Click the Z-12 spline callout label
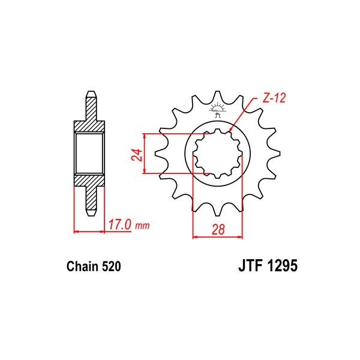[x=274, y=98]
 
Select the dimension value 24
[x=137, y=155]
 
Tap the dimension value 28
[x=218, y=229]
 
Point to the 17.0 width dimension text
[x=119, y=225]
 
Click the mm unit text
[x=142, y=226]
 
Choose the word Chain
[x=82, y=266]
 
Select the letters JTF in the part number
[x=250, y=266]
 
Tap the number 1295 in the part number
[x=281, y=266]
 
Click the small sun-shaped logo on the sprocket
[x=217, y=110]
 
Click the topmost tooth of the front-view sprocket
[x=217, y=95]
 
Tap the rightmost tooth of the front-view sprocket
[x=275, y=154]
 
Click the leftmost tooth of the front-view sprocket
[x=160, y=154]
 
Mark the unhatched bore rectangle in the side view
[x=89, y=154]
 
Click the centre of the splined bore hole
[x=218, y=154]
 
